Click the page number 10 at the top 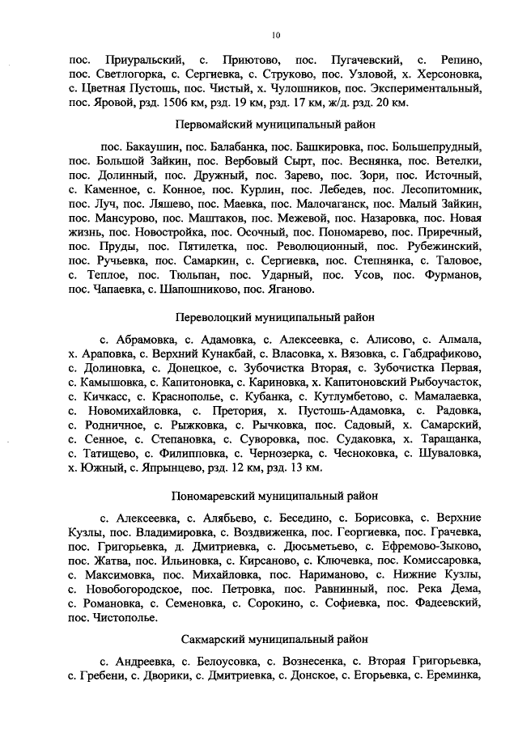(x=275, y=34)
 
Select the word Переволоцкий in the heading (x=213, y=316)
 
